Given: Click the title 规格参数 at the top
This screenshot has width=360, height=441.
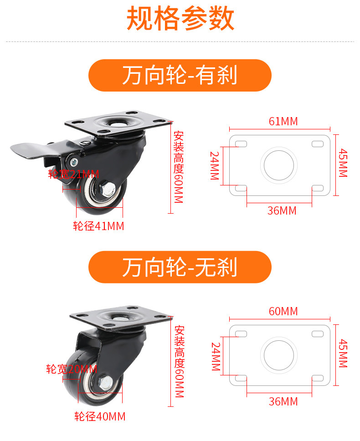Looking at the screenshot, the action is (x=180, y=18).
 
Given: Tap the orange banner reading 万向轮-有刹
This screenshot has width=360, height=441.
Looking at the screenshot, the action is (x=180, y=75).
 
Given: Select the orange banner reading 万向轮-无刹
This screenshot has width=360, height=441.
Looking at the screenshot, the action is (x=180, y=267).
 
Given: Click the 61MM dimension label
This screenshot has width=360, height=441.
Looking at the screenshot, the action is (x=283, y=122).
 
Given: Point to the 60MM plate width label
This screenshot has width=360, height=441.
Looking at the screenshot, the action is (x=283, y=311).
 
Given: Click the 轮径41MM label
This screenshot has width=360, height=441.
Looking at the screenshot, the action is (x=99, y=226).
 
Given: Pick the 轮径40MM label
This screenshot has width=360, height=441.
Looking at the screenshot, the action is (x=100, y=416).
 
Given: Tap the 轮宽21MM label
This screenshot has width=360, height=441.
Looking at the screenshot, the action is (x=73, y=174).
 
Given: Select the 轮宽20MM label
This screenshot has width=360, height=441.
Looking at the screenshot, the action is (x=72, y=369).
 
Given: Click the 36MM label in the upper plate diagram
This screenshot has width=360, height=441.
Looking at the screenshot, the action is (x=282, y=210).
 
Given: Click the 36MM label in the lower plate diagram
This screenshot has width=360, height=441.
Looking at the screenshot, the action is (x=283, y=401).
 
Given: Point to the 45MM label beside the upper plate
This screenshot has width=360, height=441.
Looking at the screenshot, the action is (x=343, y=163).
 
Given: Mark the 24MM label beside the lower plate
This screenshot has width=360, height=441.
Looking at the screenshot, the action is (x=216, y=356).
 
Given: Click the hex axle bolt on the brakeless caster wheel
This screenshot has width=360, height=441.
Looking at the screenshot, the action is (x=105, y=383).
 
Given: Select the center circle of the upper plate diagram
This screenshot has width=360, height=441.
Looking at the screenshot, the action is (x=279, y=165).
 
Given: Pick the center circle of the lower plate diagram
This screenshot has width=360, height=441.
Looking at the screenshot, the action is (x=279, y=355).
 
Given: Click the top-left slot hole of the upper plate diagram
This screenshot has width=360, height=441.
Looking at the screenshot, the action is (x=241, y=144).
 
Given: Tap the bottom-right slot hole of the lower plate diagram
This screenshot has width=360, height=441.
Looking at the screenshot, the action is (x=318, y=378).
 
